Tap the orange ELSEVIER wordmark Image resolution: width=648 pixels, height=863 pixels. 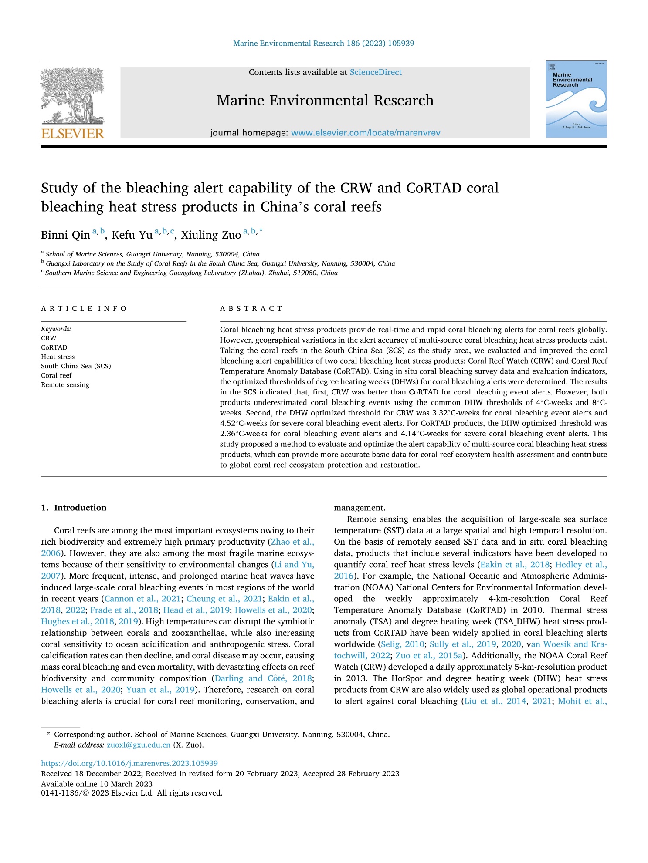click(x=73, y=133)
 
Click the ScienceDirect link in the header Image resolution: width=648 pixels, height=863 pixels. click(x=376, y=72)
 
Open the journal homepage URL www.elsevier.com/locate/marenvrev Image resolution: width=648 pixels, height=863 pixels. click(x=366, y=133)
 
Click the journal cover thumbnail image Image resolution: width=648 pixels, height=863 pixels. click(x=576, y=99)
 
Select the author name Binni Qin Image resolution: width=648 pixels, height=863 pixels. click(x=65, y=235)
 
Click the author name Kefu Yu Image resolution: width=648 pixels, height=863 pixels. click(x=132, y=235)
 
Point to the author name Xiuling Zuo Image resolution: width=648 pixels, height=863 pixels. click(x=211, y=235)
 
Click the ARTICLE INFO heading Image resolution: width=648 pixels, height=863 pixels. click(x=84, y=309)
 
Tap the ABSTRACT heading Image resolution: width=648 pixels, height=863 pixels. click(x=251, y=309)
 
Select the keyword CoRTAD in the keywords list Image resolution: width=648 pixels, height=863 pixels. click(x=54, y=347)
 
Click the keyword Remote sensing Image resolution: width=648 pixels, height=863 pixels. click(x=65, y=385)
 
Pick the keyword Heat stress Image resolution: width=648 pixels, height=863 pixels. click(x=58, y=357)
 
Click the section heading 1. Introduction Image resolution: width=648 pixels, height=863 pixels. click(x=74, y=508)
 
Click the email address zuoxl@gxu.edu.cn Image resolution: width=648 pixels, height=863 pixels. click(x=139, y=745)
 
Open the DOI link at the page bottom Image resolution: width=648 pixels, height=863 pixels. click(x=129, y=763)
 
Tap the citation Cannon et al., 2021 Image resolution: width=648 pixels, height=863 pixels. click(x=143, y=599)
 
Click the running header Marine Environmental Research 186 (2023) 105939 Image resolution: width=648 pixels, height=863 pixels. click(x=324, y=44)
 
